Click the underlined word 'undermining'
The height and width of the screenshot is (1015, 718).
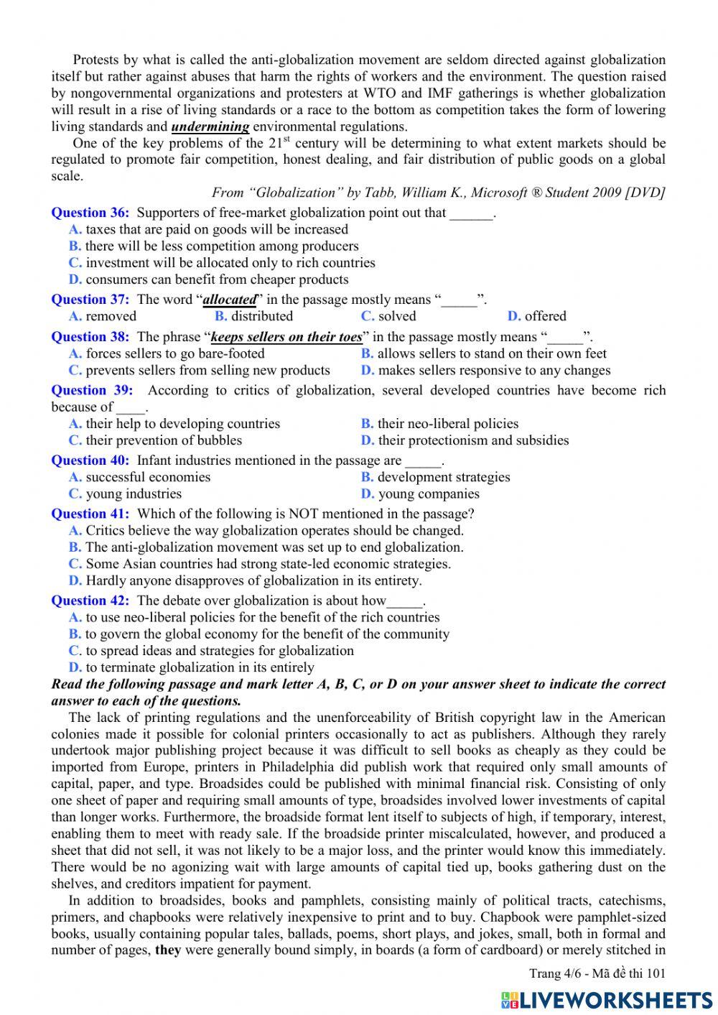210,126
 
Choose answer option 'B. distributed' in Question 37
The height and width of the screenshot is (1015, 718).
253,316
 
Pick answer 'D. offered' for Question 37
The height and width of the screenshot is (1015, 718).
536,316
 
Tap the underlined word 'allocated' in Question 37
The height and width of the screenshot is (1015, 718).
230,300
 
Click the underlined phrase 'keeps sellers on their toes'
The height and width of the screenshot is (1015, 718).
286,337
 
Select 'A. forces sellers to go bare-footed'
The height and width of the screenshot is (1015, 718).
167,353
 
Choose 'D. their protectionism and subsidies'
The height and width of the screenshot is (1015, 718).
465,440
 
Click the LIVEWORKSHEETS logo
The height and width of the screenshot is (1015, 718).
607,999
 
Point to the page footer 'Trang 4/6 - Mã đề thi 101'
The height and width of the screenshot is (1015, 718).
597,974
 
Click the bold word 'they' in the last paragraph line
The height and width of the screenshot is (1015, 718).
168,950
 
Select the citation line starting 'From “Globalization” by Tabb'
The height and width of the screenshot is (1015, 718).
438,193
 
